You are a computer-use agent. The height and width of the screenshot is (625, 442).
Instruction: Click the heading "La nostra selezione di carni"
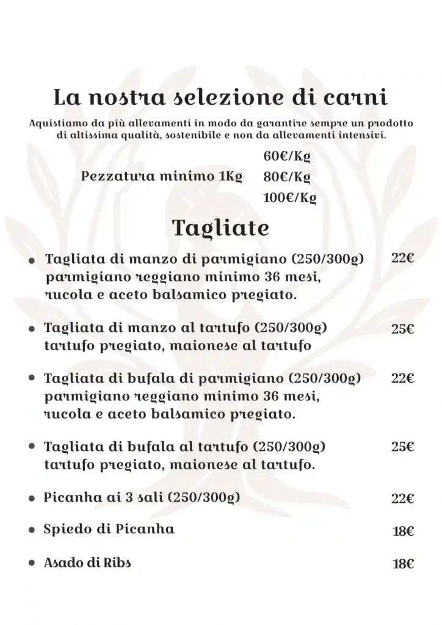pyautogui.click(x=221, y=98)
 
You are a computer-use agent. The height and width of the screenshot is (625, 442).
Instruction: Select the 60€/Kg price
pyautogui.click(x=287, y=157)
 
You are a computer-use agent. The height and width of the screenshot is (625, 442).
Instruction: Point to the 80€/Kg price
pyautogui.click(x=287, y=178)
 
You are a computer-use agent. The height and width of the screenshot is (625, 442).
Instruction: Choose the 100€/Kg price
pyautogui.click(x=289, y=198)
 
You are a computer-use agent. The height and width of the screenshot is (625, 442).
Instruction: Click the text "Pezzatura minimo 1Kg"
pyautogui.click(x=162, y=178)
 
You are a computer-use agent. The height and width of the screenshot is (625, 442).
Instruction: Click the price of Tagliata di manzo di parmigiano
pyautogui.click(x=403, y=258)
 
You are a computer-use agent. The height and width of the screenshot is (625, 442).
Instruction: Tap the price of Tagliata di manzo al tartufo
pyautogui.click(x=403, y=329)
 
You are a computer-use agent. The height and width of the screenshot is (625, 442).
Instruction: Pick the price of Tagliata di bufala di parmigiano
pyautogui.click(x=403, y=378)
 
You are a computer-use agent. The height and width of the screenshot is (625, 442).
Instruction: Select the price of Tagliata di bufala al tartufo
pyautogui.click(x=403, y=447)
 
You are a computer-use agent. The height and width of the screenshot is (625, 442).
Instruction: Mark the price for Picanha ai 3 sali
pyautogui.click(x=403, y=499)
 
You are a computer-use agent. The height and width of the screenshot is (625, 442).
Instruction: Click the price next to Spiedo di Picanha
pyautogui.click(x=404, y=531)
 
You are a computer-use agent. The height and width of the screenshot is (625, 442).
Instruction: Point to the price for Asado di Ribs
pyautogui.click(x=404, y=564)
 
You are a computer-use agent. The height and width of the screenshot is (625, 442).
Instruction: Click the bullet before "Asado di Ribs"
pyautogui.click(x=31, y=565)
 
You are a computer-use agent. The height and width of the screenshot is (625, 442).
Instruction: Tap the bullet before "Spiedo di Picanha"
pyautogui.click(x=31, y=531)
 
